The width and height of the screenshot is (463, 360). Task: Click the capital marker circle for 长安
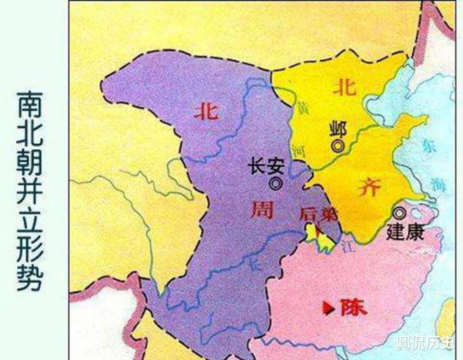tap(277, 183)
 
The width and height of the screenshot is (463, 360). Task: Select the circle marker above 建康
tap(399, 213)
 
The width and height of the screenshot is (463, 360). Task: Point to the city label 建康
tap(406, 232)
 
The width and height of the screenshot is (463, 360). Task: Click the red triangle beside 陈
tap(328, 306)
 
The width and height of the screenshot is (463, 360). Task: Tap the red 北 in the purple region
tap(206, 111)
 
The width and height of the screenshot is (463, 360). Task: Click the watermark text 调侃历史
tap(425, 343)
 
